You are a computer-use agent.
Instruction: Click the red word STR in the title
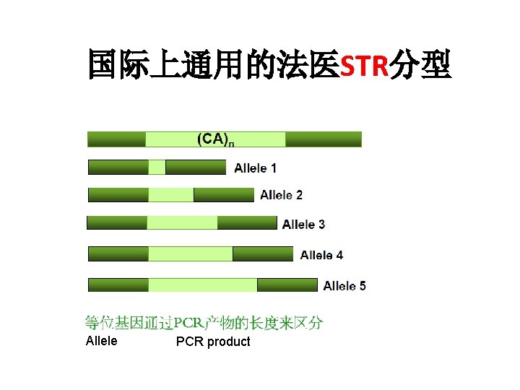tap(364, 66)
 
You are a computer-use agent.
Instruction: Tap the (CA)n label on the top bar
tap(215, 139)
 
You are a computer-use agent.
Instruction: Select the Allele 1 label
tap(255, 168)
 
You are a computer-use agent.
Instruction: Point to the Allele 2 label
tap(281, 195)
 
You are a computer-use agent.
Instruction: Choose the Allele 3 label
tap(303, 224)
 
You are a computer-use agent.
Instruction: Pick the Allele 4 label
tap(321, 255)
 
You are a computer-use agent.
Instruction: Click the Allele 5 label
tap(344, 286)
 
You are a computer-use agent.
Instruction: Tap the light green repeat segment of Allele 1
tap(157, 168)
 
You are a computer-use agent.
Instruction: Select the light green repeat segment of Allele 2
tap(171, 195)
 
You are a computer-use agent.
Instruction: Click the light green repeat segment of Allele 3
tap(182, 223)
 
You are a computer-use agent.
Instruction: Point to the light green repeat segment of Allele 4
tap(191, 253)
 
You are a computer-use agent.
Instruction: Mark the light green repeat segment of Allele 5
tap(203, 285)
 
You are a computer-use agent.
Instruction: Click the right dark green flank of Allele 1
tap(195, 168)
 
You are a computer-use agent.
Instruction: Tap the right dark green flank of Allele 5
tap(287, 285)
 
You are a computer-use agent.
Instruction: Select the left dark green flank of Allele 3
tap(117, 223)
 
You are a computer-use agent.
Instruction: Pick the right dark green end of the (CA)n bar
tap(323, 139)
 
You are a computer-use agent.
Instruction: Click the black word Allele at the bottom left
tap(101, 341)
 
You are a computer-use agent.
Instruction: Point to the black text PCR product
tap(213, 342)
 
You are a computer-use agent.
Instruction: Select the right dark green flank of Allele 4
tap(263, 253)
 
